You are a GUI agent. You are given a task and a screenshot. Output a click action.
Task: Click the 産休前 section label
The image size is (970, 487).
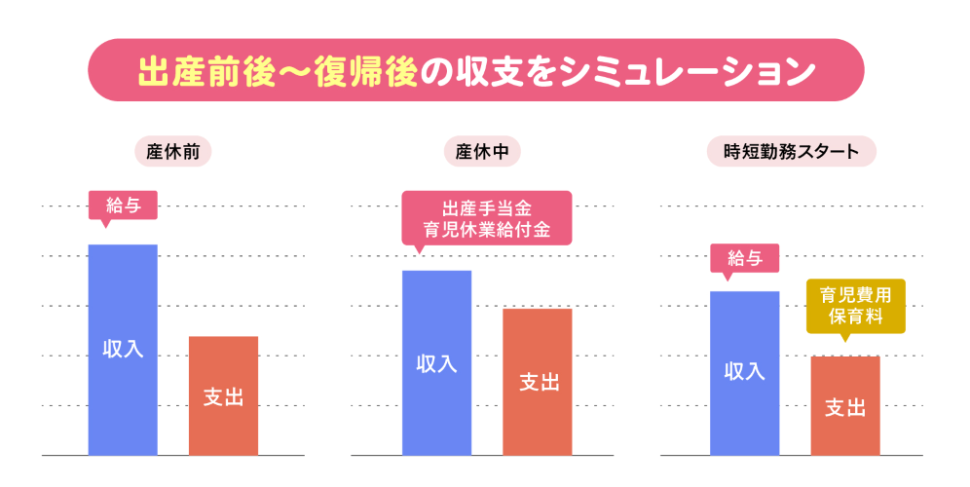click(172, 152)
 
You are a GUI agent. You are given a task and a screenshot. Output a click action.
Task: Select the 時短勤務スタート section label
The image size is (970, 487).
click(792, 152)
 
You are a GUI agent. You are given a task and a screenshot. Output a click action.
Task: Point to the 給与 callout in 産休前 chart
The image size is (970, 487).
click(123, 205)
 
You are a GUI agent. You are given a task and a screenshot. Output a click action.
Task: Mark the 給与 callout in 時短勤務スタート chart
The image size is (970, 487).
click(744, 259)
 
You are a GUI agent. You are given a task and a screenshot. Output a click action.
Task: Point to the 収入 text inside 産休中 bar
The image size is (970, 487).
click(436, 364)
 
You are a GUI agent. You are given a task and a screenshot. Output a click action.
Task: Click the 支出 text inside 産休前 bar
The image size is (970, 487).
click(223, 396)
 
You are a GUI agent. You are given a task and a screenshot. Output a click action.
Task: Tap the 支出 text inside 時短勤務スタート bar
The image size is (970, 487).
click(844, 407)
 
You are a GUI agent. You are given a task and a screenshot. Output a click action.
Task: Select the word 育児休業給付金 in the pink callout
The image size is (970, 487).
click(487, 230)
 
